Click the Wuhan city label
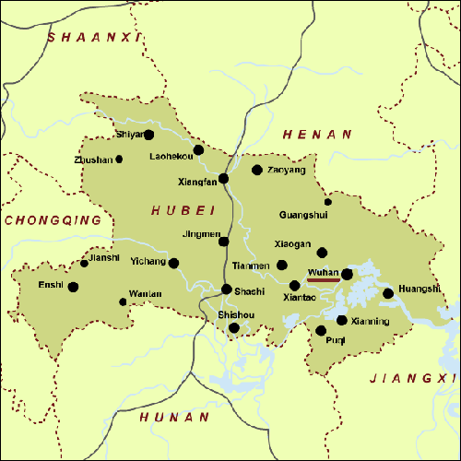click(x=323, y=273)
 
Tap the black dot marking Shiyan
click(x=148, y=135)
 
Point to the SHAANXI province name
click(x=96, y=37)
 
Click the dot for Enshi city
click(x=73, y=287)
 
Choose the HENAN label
click(x=317, y=135)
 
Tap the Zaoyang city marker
click(x=257, y=170)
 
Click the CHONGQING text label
click(x=53, y=220)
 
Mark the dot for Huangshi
click(x=388, y=293)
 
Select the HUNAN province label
click(x=174, y=418)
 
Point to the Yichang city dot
click(x=173, y=263)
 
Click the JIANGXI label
click(x=413, y=378)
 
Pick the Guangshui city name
click(x=303, y=215)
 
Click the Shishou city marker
click(x=234, y=327)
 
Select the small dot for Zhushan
click(x=119, y=160)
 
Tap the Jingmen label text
click(x=202, y=234)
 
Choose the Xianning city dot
click(x=342, y=321)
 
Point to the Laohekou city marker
click(x=198, y=149)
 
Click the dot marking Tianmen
click(x=282, y=266)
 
